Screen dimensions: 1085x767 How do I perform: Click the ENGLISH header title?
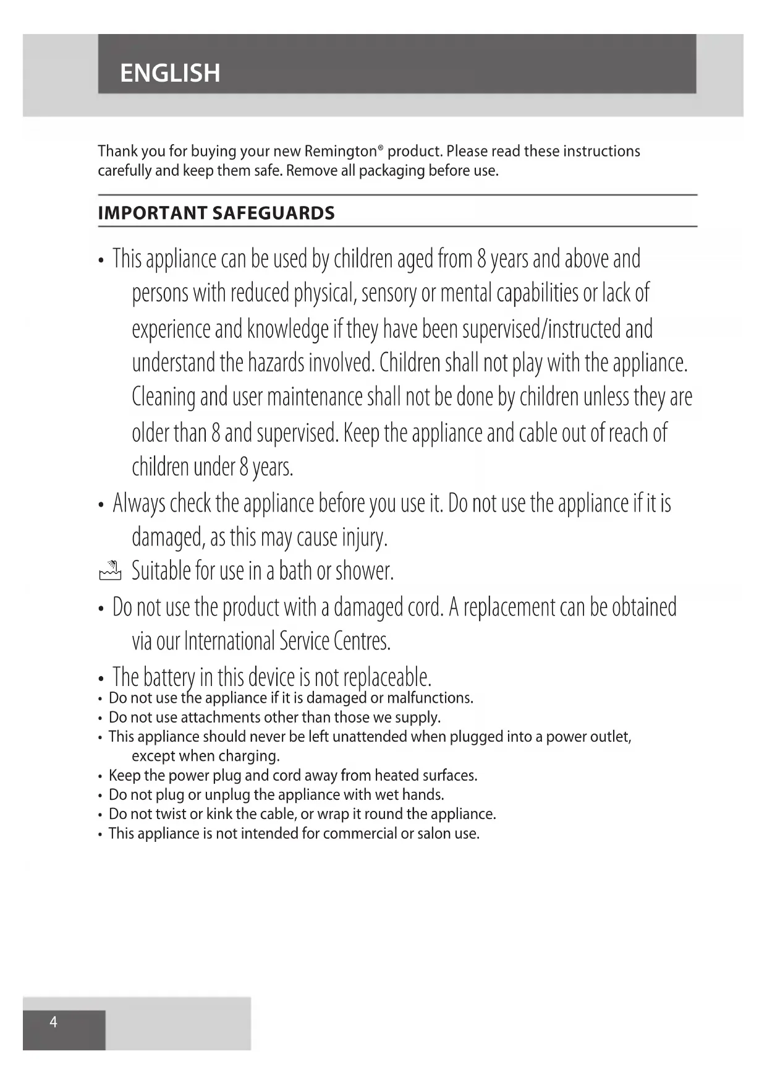(x=170, y=73)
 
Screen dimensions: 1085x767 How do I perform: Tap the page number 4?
(x=53, y=1022)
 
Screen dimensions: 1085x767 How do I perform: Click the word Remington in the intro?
(x=341, y=152)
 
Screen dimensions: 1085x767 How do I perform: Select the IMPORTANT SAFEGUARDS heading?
(x=216, y=213)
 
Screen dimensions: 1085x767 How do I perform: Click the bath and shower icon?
(x=110, y=571)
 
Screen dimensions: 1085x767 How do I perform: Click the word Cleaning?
(x=163, y=397)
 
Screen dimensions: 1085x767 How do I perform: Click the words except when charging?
(x=206, y=756)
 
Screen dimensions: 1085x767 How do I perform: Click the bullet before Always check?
(x=101, y=505)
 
